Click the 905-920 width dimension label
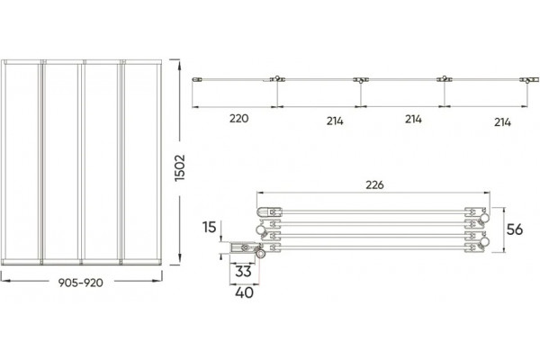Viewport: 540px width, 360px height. click(81, 283)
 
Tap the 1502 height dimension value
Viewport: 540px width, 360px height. click(180, 167)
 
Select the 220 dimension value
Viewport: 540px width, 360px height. click(239, 119)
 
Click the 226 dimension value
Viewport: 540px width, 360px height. click(374, 185)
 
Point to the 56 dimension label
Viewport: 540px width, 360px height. click(515, 229)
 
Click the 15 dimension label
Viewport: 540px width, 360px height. click(210, 228)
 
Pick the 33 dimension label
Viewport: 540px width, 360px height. click(244, 272)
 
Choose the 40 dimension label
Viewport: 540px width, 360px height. click(245, 292)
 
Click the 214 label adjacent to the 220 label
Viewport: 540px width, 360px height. click(335, 121)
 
